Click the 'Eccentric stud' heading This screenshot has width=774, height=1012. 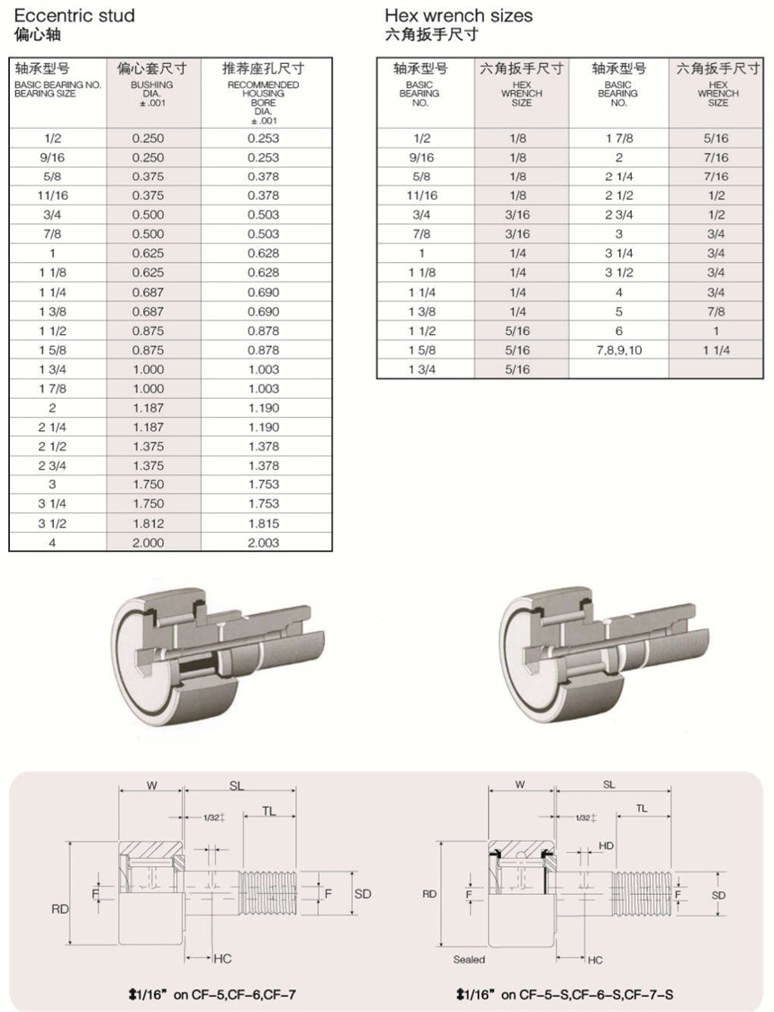pyautogui.click(x=75, y=16)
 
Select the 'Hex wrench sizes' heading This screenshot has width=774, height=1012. pyautogui.click(x=458, y=16)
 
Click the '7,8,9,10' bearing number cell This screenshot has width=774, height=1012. pyautogui.click(x=618, y=350)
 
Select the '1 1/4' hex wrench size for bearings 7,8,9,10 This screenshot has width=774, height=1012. pyautogui.click(x=717, y=350)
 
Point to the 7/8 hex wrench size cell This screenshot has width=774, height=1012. pyautogui.click(x=717, y=312)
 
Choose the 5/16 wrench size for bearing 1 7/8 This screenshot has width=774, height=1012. pyautogui.click(x=717, y=138)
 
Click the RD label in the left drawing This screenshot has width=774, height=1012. pyautogui.click(x=60, y=909)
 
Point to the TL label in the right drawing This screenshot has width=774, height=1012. pyautogui.click(x=642, y=809)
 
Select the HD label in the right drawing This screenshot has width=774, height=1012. pyautogui.click(x=606, y=845)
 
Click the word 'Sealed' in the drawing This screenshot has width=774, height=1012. pyautogui.click(x=469, y=960)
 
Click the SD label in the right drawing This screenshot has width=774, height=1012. pyautogui.click(x=718, y=895)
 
